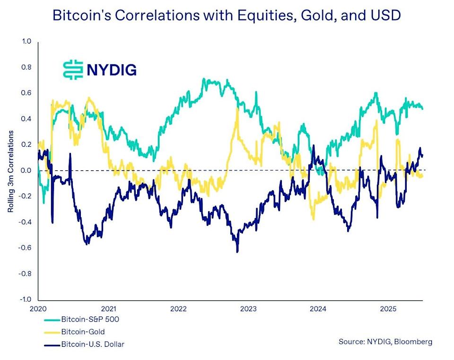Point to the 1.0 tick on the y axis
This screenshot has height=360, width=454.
(26, 42)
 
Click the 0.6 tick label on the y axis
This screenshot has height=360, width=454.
(26, 93)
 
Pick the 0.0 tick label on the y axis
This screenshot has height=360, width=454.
(26, 171)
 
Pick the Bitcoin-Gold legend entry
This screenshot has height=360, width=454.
(83, 332)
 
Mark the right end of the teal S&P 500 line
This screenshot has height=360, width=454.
(422, 109)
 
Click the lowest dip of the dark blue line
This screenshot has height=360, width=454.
(237, 251)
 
